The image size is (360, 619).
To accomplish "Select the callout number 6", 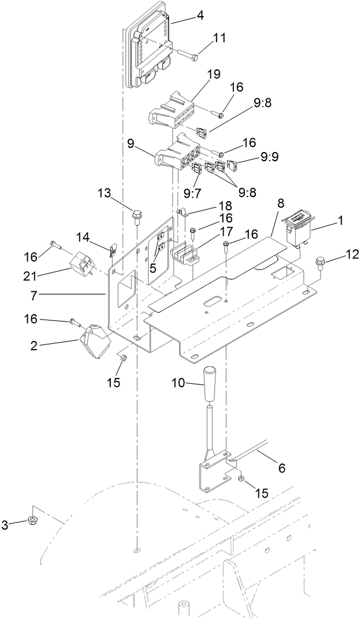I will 281,468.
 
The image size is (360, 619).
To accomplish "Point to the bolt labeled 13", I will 137,217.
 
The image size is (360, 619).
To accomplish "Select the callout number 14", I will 83,236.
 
